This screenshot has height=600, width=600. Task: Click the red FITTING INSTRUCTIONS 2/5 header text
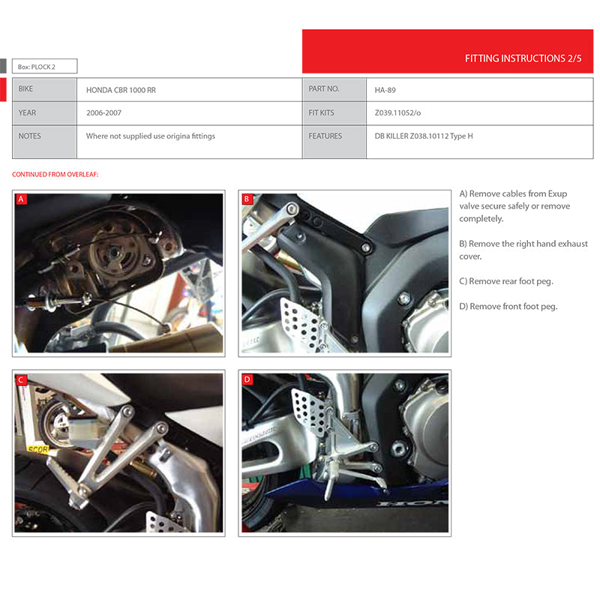coord(523,58)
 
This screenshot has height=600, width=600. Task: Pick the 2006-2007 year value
coord(103,113)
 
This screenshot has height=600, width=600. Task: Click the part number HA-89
coord(385,90)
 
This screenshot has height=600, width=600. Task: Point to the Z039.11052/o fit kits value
coord(397,113)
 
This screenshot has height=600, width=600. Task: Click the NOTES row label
coord(29,136)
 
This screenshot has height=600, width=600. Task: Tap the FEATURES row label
coord(325,136)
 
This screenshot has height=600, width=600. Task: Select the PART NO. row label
coord(324,88)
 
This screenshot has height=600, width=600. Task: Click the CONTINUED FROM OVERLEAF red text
coord(55,175)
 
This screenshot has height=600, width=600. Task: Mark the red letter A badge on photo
coord(22,199)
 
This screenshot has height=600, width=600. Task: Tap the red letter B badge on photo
coord(247,199)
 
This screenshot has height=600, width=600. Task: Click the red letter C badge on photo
coord(21,380)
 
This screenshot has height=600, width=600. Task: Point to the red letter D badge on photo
coord(247,379)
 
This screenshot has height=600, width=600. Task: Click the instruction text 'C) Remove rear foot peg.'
coord(506,281)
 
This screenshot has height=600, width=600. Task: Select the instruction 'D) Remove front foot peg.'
coord(508,307)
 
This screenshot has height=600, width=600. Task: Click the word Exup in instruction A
coord(557,194)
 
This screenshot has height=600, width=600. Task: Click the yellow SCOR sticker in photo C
coord(38,449)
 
